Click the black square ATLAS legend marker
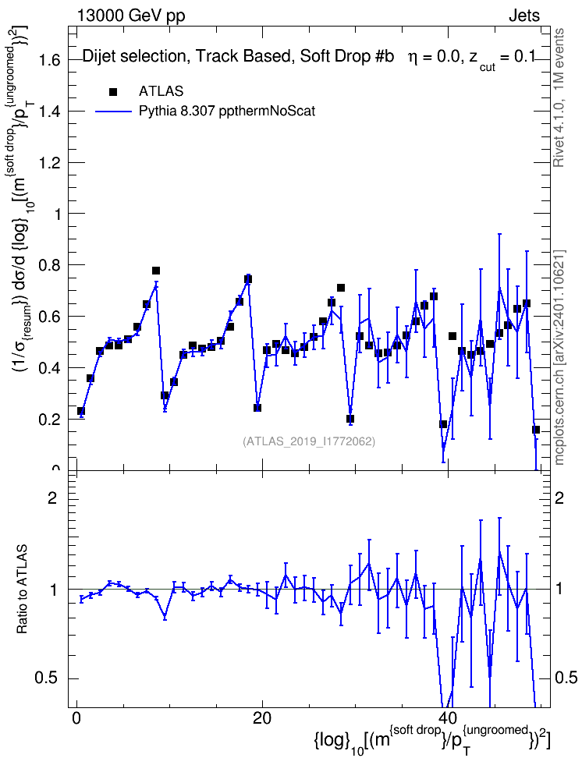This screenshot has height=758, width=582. point(113,92)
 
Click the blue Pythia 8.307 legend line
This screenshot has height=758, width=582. point(114,112)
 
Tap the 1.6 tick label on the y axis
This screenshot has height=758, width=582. point(51,60)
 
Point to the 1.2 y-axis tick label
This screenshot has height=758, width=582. point(51,163)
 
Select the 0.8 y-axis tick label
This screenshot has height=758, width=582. point(51,265)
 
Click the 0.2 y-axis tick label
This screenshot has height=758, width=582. point(51,419)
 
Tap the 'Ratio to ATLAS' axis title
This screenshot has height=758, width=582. point(22,590)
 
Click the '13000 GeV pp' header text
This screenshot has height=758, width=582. point(130,16)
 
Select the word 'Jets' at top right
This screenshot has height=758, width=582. point(523,16)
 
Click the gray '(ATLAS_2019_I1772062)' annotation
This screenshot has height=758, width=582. point(309,441)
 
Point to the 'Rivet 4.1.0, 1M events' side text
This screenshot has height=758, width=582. point(559,97)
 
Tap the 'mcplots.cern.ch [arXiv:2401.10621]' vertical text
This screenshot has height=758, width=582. point(559,357)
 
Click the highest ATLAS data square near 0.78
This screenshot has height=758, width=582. point(156,271)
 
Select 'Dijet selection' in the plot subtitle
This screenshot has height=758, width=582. point(134,57)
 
